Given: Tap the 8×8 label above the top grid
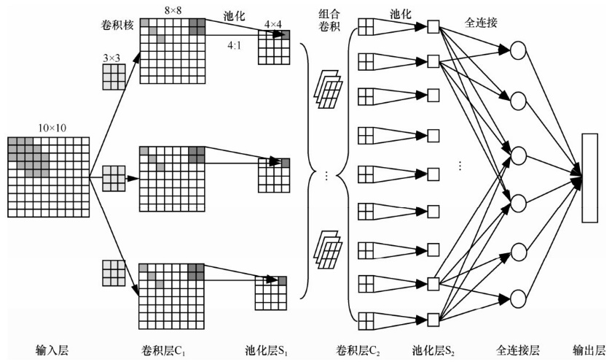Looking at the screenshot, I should pos(172,9).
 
